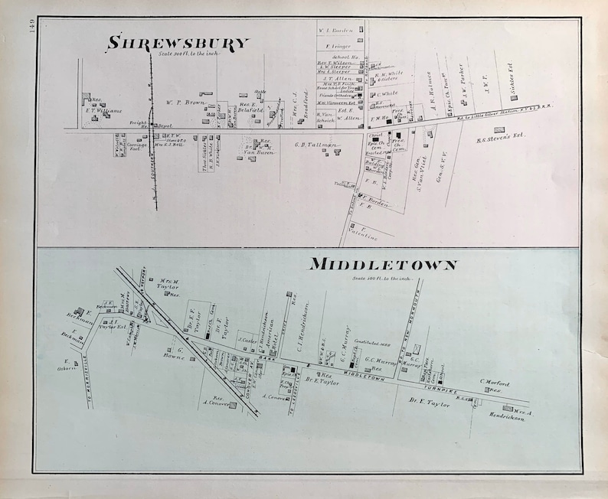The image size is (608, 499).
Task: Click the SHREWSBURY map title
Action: pyautogui.click(x=178, y=42)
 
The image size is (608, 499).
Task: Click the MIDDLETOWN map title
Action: pyautogui.click(x=382, y=266)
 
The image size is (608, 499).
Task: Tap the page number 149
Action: pyautogui.click(x=27, y=34)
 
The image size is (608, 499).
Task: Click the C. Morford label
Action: pyautogui.click(x=494, y=383)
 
